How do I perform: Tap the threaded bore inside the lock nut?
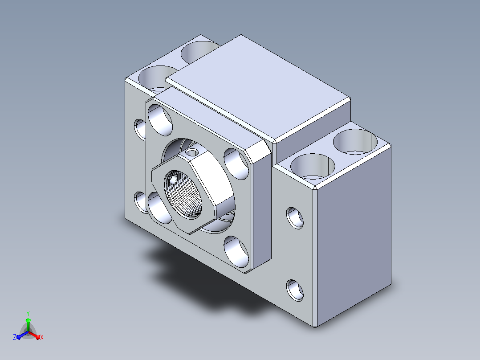[x=183, y=195]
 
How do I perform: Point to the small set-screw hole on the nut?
[x=192, y=152]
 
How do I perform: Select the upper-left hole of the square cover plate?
[x=160, y=120]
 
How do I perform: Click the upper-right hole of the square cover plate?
[x=236, y=164]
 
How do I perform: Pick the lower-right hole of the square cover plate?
[x=236, y=252]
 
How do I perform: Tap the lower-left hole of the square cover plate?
[x=159, y=208]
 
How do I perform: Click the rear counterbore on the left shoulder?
[x=200, y=52]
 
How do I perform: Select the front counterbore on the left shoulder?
[x=157, y=78]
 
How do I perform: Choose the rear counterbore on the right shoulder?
[x=355, y=142]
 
